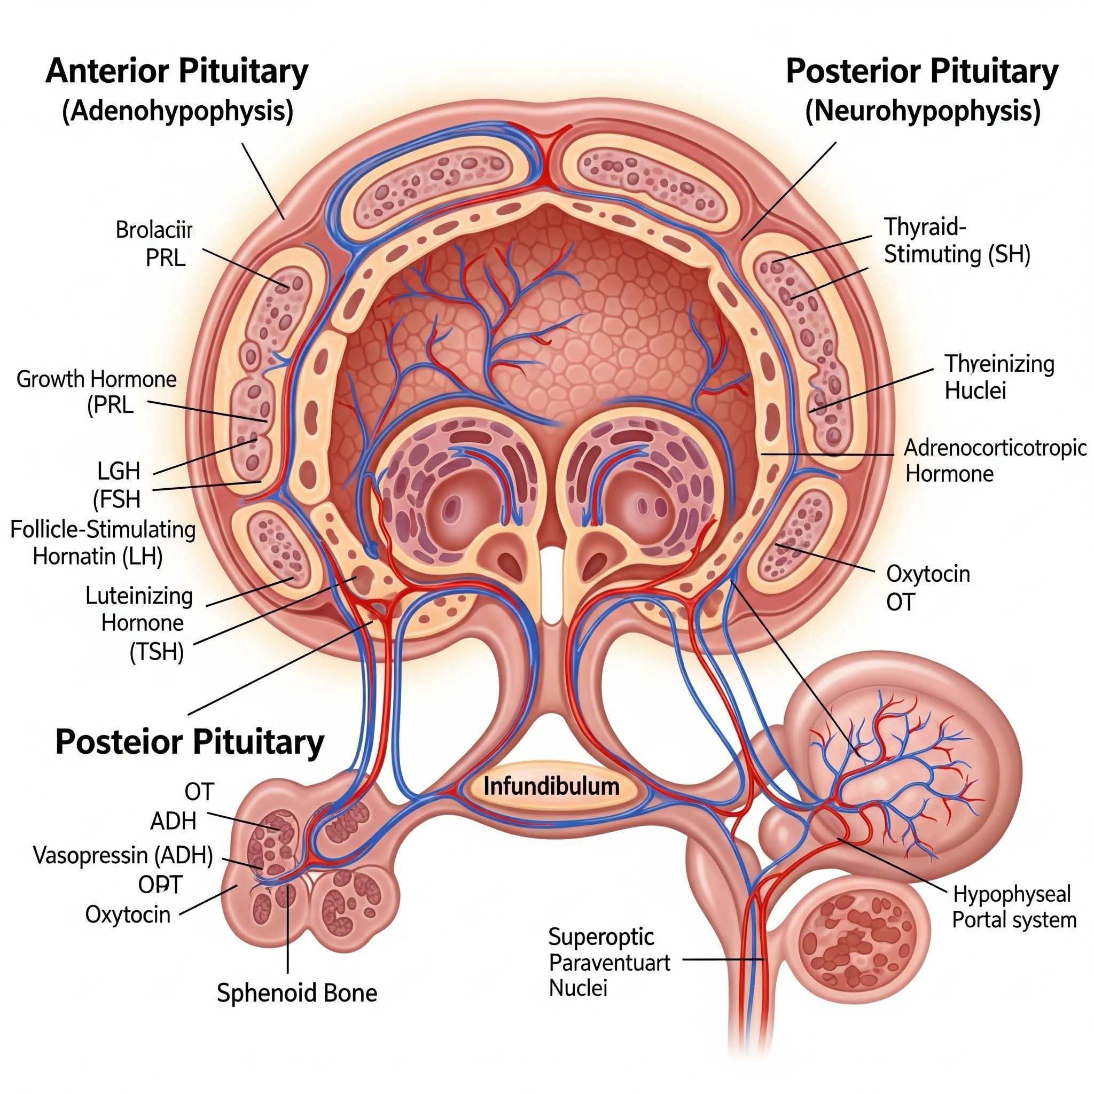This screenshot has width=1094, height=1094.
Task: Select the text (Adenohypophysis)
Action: [178, 111]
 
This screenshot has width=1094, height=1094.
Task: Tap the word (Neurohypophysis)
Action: [923, 111]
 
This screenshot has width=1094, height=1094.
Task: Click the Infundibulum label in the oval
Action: [551, 786]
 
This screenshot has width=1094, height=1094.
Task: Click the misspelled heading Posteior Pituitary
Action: [190, 741]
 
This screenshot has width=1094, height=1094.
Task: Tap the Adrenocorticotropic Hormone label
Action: [995, 460]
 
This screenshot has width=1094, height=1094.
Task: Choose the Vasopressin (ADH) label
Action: [123, 855]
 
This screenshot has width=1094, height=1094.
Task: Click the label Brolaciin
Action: [154, 230]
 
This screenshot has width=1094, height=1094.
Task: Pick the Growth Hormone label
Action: [96, 379]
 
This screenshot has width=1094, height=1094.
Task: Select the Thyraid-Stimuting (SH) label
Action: [957, 241]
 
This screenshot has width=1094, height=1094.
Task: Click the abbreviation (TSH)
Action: [157, 652]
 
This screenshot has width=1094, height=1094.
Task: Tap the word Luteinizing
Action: [139, 596]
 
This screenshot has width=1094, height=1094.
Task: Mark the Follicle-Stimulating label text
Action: [103, 529]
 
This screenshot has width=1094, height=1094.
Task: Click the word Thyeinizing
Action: [999, 364]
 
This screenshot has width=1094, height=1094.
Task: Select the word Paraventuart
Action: [609, 963]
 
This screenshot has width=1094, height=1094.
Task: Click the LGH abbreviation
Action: [119, 471]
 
